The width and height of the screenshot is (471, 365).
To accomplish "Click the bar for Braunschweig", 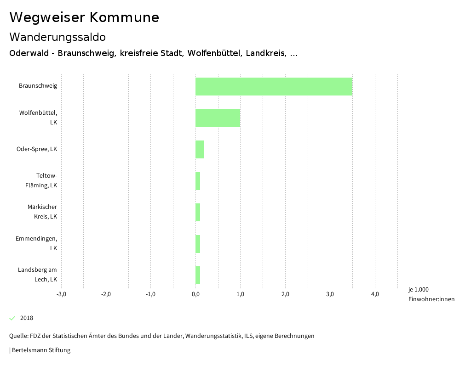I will point(274,86).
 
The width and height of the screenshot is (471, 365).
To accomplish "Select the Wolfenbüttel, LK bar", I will point(218,118).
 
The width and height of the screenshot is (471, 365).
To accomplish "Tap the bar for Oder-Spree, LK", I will point(200,149).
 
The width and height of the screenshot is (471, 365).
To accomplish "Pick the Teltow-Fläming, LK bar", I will point(198,181).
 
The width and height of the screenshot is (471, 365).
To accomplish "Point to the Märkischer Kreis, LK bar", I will point(198,212).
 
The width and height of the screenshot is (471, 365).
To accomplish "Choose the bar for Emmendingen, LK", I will point(198,244).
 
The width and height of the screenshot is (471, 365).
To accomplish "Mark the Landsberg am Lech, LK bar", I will point(198,275).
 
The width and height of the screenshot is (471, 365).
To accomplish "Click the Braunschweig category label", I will point(38,86).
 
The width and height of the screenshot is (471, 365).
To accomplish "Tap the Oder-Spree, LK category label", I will point(37,149).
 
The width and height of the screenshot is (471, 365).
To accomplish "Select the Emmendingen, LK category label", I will point(37,243).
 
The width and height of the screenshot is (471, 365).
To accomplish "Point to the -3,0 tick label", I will point(61,294).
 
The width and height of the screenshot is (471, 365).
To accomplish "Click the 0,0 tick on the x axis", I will point(195,294).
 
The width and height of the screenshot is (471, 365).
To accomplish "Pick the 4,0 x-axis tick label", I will point(375,294).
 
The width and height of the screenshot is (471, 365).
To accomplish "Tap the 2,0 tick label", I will point(285,294).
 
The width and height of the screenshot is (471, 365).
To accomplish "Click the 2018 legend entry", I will point(27,318).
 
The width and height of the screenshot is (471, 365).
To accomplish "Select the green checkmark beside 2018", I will point(12,318).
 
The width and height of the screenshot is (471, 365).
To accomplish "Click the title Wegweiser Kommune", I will point(84,17).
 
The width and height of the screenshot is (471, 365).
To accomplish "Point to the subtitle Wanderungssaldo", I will point(57,37).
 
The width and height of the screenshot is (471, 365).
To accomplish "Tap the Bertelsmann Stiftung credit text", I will point(40,350).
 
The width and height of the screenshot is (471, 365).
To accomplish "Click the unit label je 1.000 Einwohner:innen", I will point(431,294).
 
